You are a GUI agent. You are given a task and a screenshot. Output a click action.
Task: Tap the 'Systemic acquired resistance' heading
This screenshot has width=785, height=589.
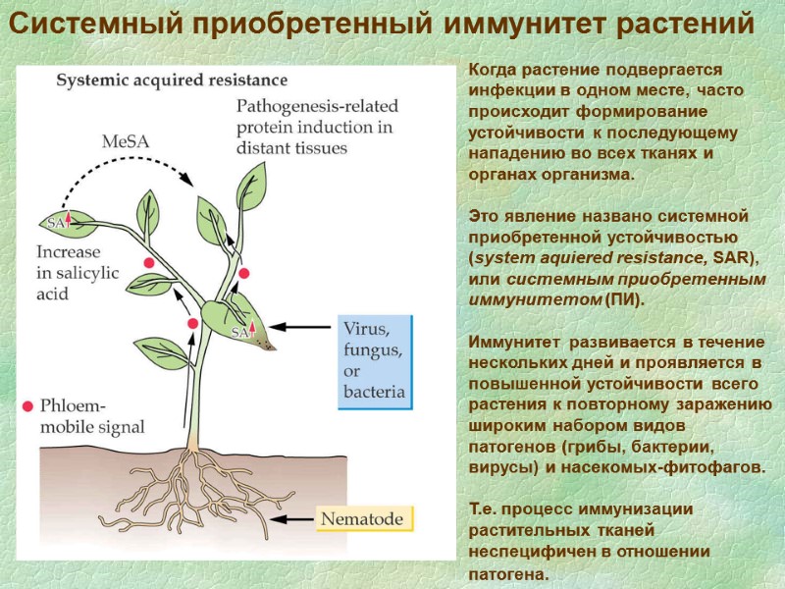[x=172, y=80]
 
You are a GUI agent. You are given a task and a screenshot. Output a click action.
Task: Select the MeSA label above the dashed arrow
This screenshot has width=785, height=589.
[x=126, y=141]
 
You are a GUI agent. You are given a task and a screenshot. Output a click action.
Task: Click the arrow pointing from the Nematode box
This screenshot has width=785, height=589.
[x=294, y=518]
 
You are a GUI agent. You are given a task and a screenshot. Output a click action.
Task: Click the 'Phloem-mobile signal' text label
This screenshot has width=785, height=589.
[x=90, y=416]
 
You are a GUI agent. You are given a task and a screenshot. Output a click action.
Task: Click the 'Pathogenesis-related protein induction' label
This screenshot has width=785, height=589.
[x=314, y=126]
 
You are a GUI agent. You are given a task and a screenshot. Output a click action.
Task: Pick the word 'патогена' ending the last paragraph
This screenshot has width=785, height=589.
[x=502, y=573]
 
